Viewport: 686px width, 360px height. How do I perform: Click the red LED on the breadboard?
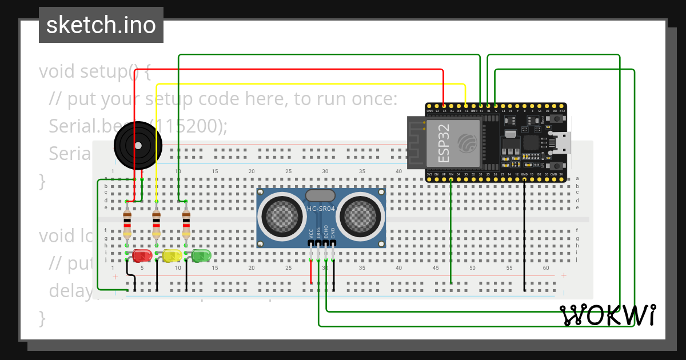click(141, 255)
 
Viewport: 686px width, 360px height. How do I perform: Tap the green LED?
click(201, 255)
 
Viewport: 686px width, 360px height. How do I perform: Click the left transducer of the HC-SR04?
click(282, 216)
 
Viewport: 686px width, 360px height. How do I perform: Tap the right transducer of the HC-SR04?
click(361, 216)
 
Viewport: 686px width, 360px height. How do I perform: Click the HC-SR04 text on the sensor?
click(321, 209)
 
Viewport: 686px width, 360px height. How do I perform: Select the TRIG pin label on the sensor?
click(318, 231)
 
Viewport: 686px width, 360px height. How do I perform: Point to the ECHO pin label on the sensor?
click(326, 231)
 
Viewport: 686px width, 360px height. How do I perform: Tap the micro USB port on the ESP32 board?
click(561, 142)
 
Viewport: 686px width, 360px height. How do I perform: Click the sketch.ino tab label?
click(101, 25)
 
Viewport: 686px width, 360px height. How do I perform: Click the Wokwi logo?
click(607, 315)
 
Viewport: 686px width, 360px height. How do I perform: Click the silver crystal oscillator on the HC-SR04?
click(321, 196)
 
